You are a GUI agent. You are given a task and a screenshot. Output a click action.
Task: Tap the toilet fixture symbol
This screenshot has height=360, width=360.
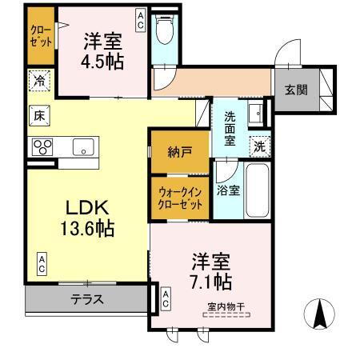[164, 33]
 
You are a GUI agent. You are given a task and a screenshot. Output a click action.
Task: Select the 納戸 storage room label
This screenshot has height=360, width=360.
[179, 151]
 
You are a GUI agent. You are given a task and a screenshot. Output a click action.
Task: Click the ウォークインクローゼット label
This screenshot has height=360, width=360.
[179, 197]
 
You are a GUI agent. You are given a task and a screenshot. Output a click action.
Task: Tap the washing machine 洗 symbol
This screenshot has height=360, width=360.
[258, 146]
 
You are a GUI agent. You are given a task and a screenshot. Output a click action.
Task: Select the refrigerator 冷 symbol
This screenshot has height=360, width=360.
[38, 81]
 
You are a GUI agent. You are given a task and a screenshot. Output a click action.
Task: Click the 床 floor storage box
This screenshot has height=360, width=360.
[38, 114]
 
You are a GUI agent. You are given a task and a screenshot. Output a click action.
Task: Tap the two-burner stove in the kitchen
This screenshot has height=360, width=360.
[42, 146]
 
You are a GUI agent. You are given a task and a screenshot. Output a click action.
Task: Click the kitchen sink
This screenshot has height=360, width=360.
[82, 146]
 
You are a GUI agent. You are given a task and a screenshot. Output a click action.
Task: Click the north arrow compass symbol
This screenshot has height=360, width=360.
[321, 313]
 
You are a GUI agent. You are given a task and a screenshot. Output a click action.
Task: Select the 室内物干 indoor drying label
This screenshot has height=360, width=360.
[226, 306]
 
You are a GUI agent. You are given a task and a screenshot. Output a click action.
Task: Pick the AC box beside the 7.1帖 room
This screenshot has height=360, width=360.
[165, 298]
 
